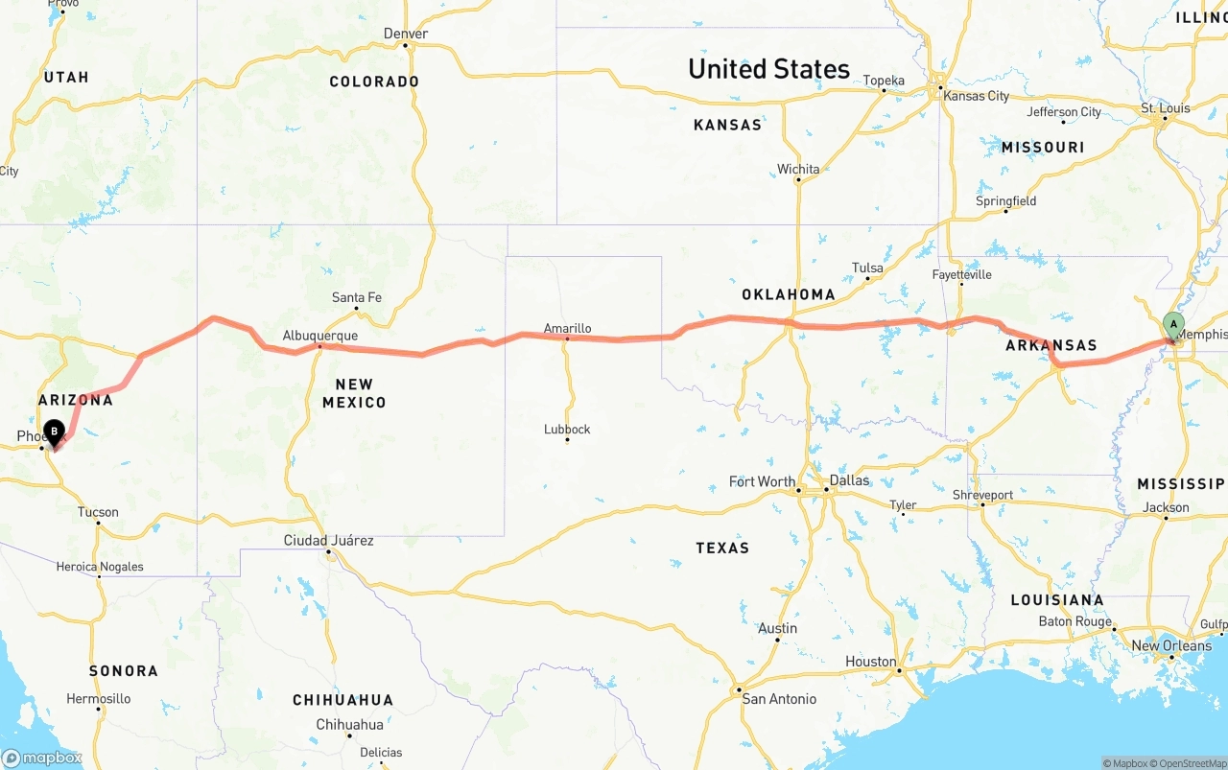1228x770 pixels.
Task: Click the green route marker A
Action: point(1173,324)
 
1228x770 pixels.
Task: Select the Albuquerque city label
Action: point(319,336)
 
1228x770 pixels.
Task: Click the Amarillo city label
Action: point(567,328)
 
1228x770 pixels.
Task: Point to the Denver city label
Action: point(405,34)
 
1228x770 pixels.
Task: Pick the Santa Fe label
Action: point(356,297)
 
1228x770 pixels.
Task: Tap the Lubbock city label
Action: point(567,429)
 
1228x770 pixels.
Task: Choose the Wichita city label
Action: point(798,170)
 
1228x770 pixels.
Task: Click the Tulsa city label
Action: point(867,268)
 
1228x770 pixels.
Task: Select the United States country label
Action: point(768,69)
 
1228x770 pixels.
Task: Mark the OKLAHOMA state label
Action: point(788,294)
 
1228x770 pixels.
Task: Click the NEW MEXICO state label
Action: point(354,393)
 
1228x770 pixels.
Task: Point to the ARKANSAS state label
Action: point(1051,345)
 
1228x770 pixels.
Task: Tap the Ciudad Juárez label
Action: point(328,541)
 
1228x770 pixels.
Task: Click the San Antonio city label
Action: point(779,699)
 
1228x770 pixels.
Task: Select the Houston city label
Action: point(870,662)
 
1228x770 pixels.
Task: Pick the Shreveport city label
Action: point(982,495)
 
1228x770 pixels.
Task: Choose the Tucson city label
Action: point(98,512)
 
